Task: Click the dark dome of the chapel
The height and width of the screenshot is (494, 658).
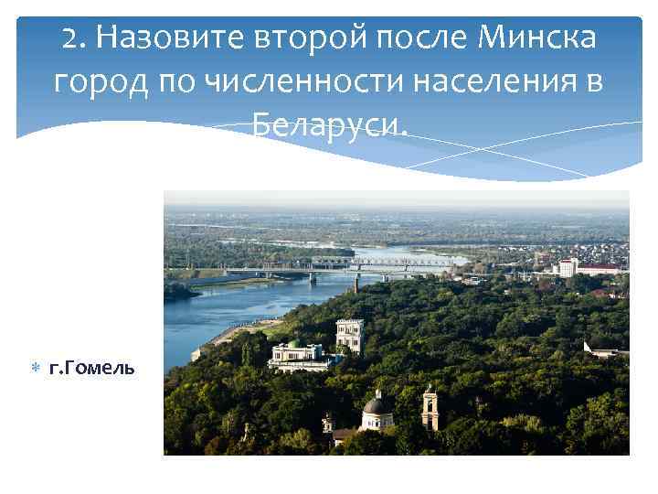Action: pyautogui.click(x=376, y=404)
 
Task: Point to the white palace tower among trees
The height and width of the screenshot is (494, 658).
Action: pyautogui.click(x=349, y=333)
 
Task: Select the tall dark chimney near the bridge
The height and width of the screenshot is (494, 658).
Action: pyautogui.click(x=356, y=281)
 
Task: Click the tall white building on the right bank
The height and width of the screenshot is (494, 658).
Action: pyautogui.click(x=567, y=267)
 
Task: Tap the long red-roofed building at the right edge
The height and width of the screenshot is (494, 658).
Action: pyautogui.click(x=602, y=269)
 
